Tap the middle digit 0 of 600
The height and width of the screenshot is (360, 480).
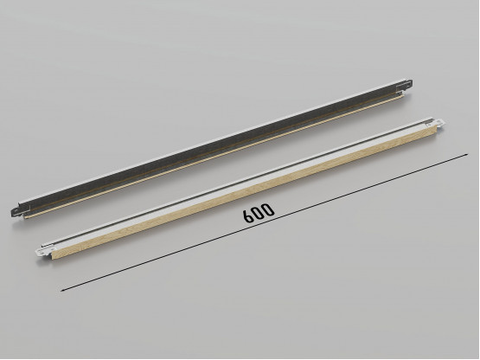[259, 214]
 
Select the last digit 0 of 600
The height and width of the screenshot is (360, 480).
[269, 209]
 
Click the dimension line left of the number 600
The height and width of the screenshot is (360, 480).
[147, 256]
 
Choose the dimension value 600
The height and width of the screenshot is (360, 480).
[259, 214]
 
